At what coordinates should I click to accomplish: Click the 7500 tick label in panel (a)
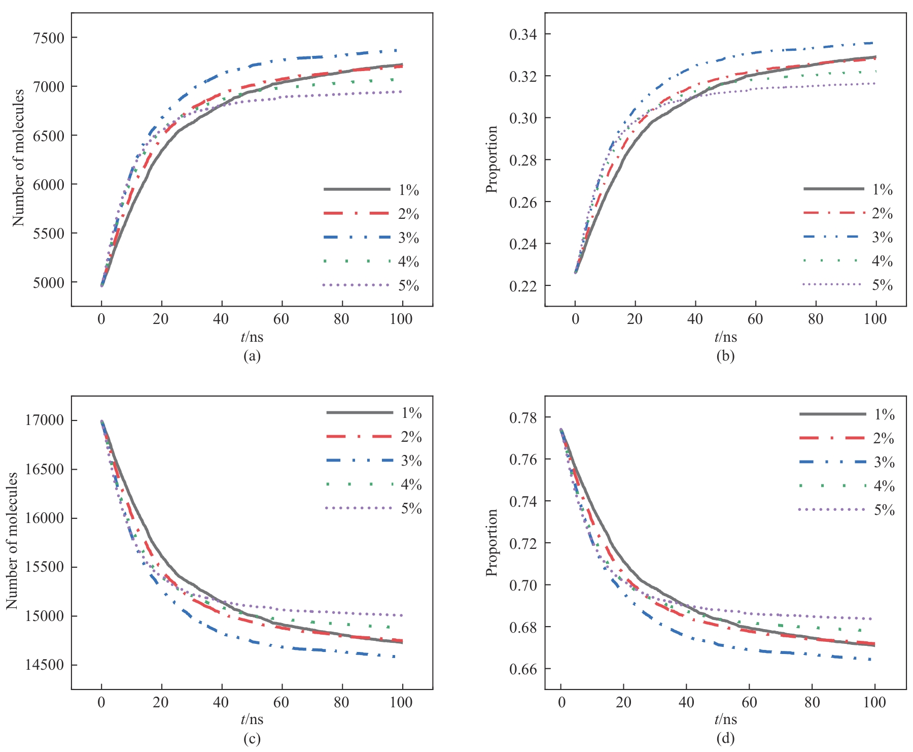point(49,38)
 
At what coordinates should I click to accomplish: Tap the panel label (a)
point(252,356)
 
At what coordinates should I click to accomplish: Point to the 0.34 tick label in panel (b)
point(522,35)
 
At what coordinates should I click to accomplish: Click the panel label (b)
point(725,356)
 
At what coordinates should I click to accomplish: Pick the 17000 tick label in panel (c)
point(45,420)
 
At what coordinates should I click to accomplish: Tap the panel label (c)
point(252,739)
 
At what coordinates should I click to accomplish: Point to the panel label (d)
point(725,739)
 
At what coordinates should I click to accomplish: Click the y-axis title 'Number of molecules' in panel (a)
point(18,158)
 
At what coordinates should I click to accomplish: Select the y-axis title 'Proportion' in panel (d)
point(491,542)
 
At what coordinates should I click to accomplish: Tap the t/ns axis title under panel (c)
point(252,720)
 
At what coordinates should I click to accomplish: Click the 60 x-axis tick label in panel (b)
point(755,319)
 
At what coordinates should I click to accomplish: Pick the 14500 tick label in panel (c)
point(45,665)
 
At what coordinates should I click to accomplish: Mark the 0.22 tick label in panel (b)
point(522,286)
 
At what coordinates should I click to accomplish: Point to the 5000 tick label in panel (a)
point(49,283)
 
